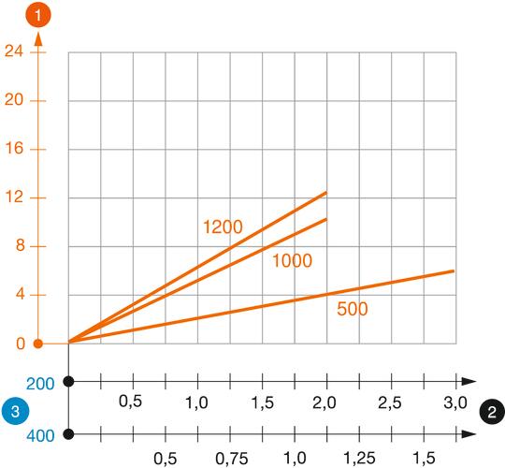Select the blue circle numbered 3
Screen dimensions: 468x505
pos(12,409)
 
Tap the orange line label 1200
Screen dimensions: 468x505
pos(223,227)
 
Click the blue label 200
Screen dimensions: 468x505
pos(41,384)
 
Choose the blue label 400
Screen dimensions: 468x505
pos(41,435)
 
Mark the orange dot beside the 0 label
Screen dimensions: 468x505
pos(38,344)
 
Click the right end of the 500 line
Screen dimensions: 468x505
pos(454,271)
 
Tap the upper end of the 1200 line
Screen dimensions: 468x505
pos(326,192)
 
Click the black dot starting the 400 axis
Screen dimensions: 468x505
pos(69,433)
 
